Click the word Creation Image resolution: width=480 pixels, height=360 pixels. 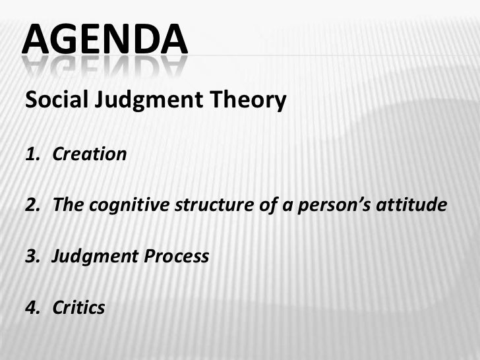point(89,155)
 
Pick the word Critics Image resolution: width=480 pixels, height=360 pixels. point(78,307)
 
